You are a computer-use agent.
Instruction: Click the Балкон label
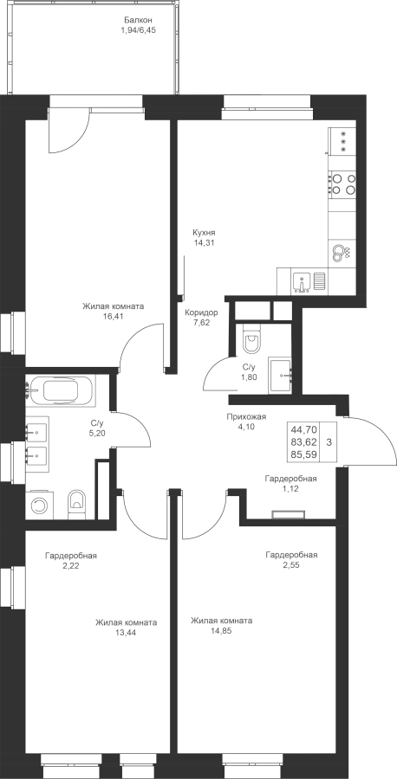click(x=138, y=21)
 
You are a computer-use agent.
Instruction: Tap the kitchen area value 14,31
click(x=204, y=242)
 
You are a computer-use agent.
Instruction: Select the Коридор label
click(x=201, y=313)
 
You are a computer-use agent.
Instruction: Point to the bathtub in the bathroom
click(x=61, y=390)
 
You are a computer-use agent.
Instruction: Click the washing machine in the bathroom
click(x=38, y=505)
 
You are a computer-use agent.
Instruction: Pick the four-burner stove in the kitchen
click(x=342, y=183)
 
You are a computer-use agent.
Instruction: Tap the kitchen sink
click(x=302, y=282)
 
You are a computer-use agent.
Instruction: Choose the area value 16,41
click(x=114, y=315)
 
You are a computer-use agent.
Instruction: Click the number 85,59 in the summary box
click(x=303, y=454)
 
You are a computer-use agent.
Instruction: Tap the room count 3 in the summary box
click(x=329, y=441)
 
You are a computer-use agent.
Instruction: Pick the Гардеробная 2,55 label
click(x=291, y=559)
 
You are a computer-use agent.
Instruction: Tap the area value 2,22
click(x=70, y=565)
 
